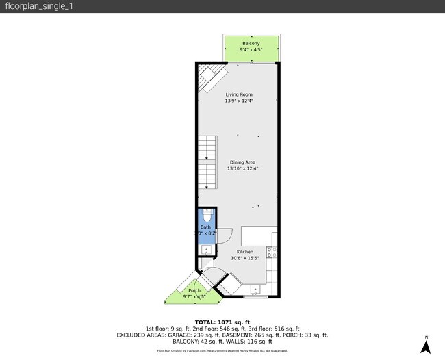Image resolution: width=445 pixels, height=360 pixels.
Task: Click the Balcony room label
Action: pos(251,43)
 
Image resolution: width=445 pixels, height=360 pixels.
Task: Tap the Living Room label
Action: pos(239,94)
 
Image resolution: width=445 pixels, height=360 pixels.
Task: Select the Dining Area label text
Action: pos(242,162)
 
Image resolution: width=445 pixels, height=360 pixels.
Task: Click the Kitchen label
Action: pos(245,251)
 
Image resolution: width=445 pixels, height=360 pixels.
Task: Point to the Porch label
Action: pos(194,290)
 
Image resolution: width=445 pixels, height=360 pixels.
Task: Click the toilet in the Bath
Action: pos(206,218)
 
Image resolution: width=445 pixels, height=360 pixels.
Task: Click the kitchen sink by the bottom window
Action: pos(255,291)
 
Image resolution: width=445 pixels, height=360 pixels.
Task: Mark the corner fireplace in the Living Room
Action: pos(210,77)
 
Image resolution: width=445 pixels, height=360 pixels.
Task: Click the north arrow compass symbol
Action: pos(426,346)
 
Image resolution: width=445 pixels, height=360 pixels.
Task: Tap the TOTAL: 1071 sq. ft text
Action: pos(222,322)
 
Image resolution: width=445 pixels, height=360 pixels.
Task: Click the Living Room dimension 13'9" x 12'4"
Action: pos(239,101)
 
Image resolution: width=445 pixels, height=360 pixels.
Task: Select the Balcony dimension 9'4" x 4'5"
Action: pos(251,50)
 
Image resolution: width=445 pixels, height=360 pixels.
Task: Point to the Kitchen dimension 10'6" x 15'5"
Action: pos(245,258)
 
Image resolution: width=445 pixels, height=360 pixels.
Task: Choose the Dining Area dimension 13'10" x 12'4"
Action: pos(242,168)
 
